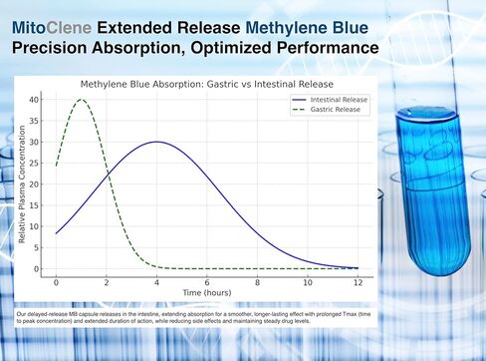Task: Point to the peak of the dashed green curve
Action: pos(82,100)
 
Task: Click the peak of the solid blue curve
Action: pos(156,142)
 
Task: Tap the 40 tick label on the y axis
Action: pos(35,100)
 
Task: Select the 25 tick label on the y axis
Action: pos(35,163)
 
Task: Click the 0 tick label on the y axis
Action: pos(38,268)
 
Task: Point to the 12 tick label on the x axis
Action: pos(357,280)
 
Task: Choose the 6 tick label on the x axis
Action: pos(206,280)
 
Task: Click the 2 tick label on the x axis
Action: pos(107,280)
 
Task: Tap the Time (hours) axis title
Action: pos(206,291)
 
